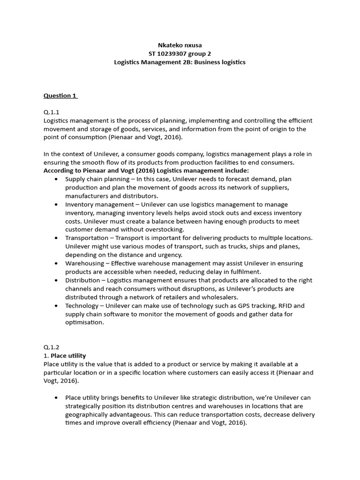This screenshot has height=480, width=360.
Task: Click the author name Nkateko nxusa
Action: click(x=180, y=45)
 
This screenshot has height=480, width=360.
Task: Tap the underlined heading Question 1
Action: click(x=60, y=96)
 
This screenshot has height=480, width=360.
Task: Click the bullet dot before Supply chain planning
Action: click(x=57, y=179)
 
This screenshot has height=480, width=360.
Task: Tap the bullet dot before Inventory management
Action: click(x=57, y=204)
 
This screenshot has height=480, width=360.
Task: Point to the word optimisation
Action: click(x=85, y=322)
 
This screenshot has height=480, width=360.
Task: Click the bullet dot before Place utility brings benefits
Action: click(x=57, y=397)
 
